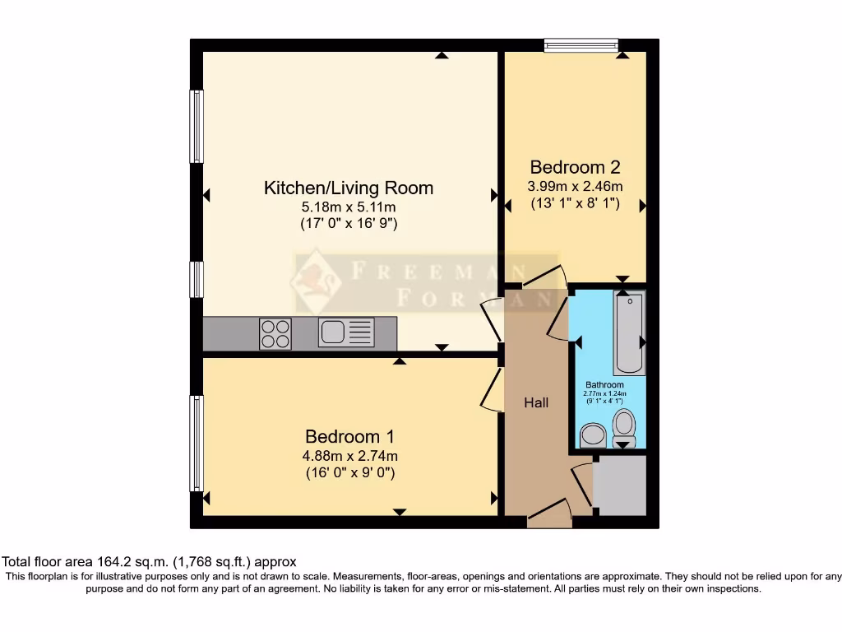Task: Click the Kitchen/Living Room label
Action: pyautogui.click(x=348, y=188)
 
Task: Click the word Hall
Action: pyautogui.click(x=536, y=402)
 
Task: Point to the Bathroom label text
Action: pyautogui.click(x=604, y=384)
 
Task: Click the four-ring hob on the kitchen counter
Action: pyautogui.click(x=275, y=333)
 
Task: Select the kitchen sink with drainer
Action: pyautogui.click(x=346, y=332)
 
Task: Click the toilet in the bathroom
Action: pyautogui.click(x=625, y=426)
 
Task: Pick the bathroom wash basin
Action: pyautogui.click(x=592, y=434)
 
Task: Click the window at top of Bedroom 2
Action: pyautogui.click(x=581, y=45)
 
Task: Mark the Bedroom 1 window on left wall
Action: pyautogui.click(x=197, y=444)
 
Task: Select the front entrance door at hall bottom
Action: pyautogui.click(x=548, y=513)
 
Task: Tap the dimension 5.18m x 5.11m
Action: pyautogui.click(x=348, y=207)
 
